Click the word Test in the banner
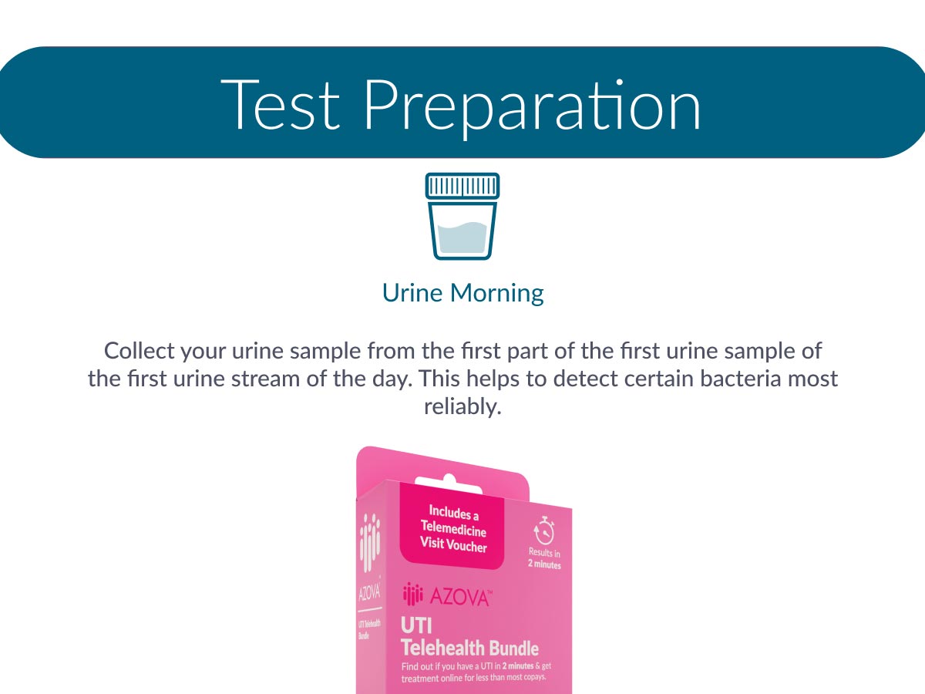coord(281,105)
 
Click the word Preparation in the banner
coord(533,109)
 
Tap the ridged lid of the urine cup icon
coord(462,186)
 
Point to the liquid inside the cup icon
coord(462,238)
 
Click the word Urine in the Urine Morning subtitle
coord(412,292)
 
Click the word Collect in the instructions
coord(139,351)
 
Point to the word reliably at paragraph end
coord(462,407)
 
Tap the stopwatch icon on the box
coord(544,531)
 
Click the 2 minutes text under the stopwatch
coord(544,564)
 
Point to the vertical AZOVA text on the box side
coord(369,593)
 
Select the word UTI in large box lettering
coord(416,625)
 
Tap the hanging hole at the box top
coord(449,483)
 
